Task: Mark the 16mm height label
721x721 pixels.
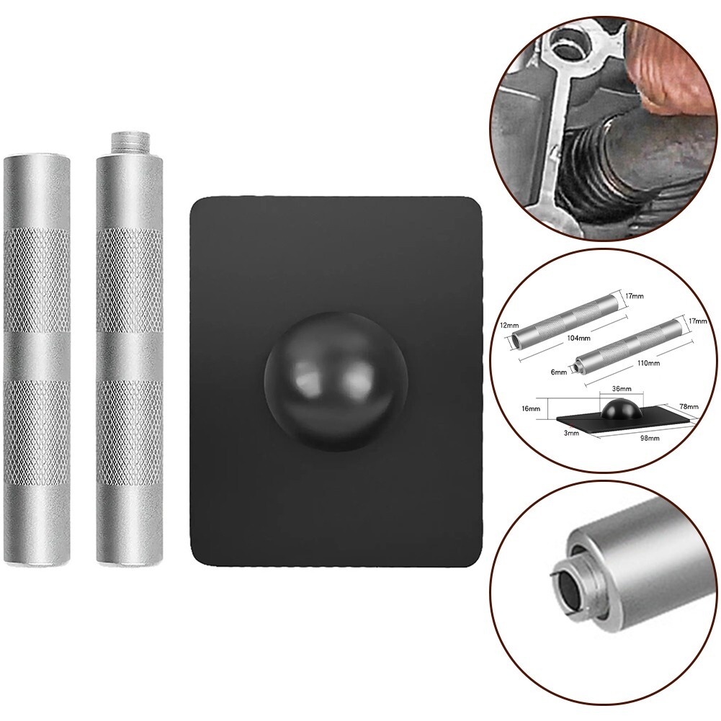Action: click(532, 408)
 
